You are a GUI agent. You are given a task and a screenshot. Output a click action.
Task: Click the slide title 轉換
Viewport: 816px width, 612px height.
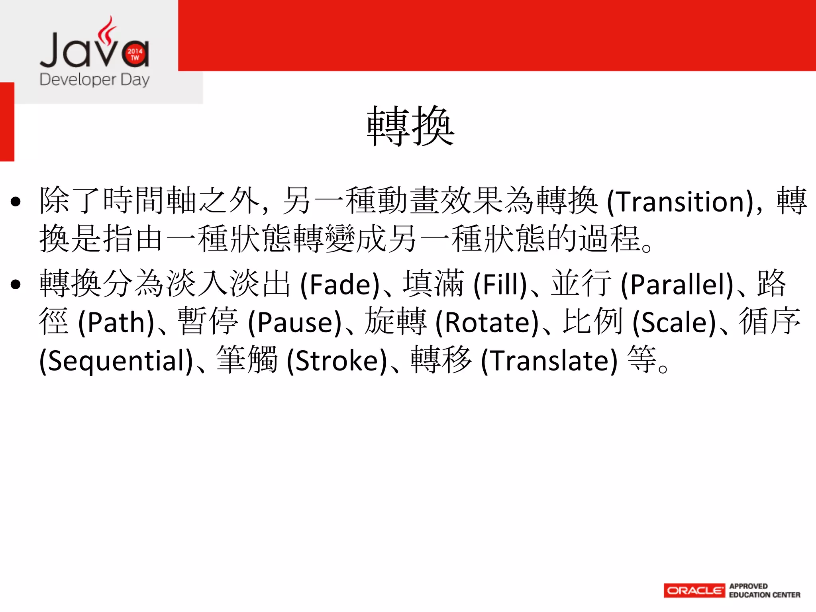(410, 126)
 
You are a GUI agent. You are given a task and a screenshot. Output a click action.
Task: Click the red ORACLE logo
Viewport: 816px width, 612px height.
(694, 590)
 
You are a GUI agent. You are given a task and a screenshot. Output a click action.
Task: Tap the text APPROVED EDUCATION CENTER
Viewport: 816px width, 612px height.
(764, 590)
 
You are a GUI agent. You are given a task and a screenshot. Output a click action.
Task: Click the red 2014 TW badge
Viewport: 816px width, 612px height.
(135, 54)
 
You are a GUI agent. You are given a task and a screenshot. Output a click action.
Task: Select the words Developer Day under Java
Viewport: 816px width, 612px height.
(94, 80)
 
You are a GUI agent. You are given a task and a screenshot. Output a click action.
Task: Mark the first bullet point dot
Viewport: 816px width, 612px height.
(16, 202)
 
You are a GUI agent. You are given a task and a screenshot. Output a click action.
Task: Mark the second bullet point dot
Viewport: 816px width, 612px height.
(16, 285)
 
